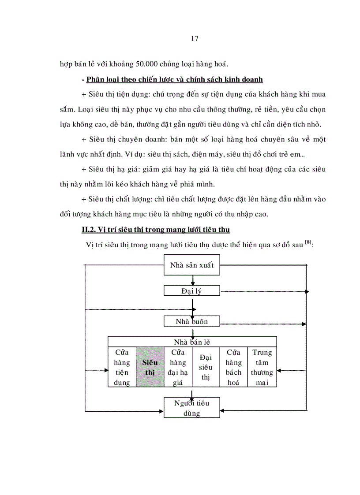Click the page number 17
click(x=195, y=38)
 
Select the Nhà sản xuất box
click(x=191, y=265)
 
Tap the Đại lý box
click(x=191, y=291)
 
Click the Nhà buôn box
click(x=191, y=322)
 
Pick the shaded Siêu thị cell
click(x=150, y=367)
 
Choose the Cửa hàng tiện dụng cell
click(x=122, y=367)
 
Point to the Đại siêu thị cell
click(x=206, y=367)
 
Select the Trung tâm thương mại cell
click(x=262, y=367)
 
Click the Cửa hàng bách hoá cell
click(x=233, y=367)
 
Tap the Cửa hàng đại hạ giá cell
click(x=178, y=367)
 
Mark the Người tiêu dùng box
click(x=191, y=408)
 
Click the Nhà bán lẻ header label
click(x=191, y=342)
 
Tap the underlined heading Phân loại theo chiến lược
click(x=175, y=80)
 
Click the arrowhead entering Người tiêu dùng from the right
click(x=222, y=411)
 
